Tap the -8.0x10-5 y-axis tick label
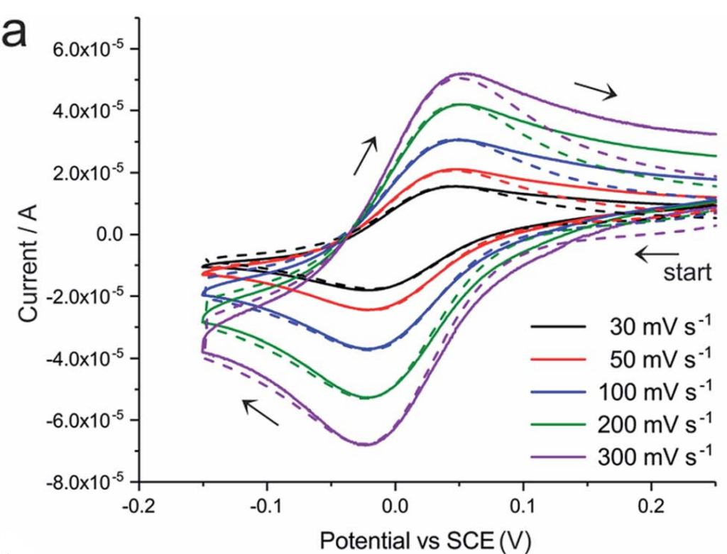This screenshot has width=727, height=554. [84, 483]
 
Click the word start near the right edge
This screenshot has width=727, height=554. [687, 273]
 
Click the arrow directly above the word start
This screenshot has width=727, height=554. [657, 253]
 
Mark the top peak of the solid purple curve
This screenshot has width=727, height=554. [463, 73]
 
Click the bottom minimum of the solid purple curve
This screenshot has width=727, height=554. [364, 444]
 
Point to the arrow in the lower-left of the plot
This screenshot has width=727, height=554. [260, 412]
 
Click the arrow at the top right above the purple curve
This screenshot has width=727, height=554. [596, 89]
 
